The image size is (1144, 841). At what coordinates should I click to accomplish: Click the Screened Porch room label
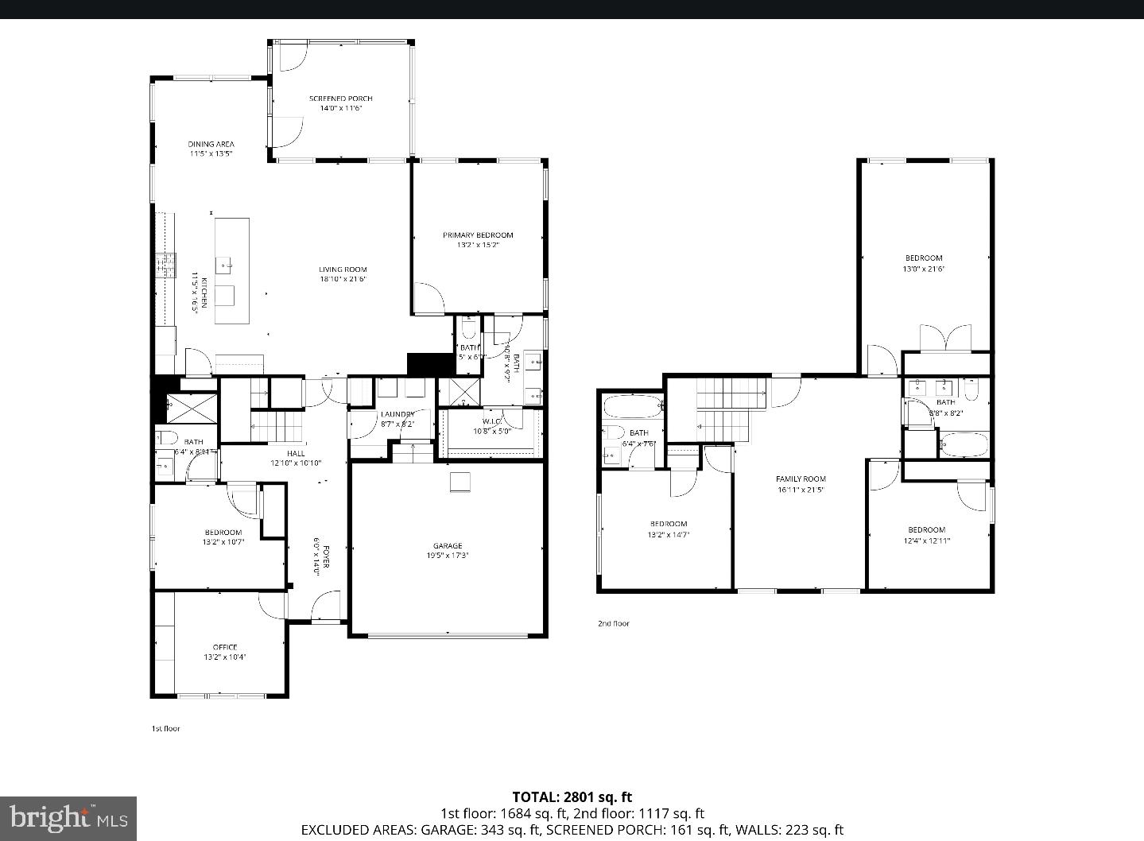pyautogui.click(x=340, y=99)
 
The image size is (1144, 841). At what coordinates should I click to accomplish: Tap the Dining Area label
pyautogui.click(x=211, y=144)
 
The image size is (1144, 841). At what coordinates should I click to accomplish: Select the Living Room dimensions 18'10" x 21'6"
pyautogui.click(x=343, y=279)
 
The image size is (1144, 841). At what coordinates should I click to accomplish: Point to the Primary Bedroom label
pyautogui.click(x=478, y=234)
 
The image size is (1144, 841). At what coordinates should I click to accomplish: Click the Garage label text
pyautogui.click(x=448, y=545)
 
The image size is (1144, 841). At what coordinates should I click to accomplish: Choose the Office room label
pyautogui.click(x=224, y=647)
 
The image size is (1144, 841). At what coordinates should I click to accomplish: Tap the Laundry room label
pyautogui.click(x=397, y=414)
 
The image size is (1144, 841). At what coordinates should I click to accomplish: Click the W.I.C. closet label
pyautogui.click(x=492, y=421)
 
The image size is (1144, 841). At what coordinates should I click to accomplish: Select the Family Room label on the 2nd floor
pyautogui.click(x=801, y=479)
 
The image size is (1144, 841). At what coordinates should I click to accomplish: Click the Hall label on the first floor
pyautogui.click(x=295, y=453)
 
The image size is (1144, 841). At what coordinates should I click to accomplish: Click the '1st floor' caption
pyautogui.click(x=165, y=728)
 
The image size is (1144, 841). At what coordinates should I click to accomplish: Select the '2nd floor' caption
pyautogui.click(x=613, y=623)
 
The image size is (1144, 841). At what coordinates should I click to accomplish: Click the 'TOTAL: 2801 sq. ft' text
pyautogui.click(x=572, y=797)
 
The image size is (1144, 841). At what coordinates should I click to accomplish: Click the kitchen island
pyautogui.click(x=232, y=271)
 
